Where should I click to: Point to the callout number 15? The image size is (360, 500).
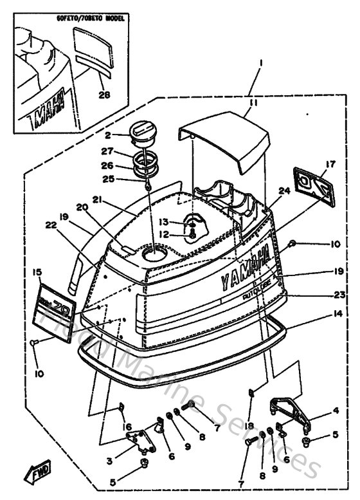pos(37,273)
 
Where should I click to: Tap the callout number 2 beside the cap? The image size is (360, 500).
pos(109,135)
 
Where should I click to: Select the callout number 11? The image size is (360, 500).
pos(254,102)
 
